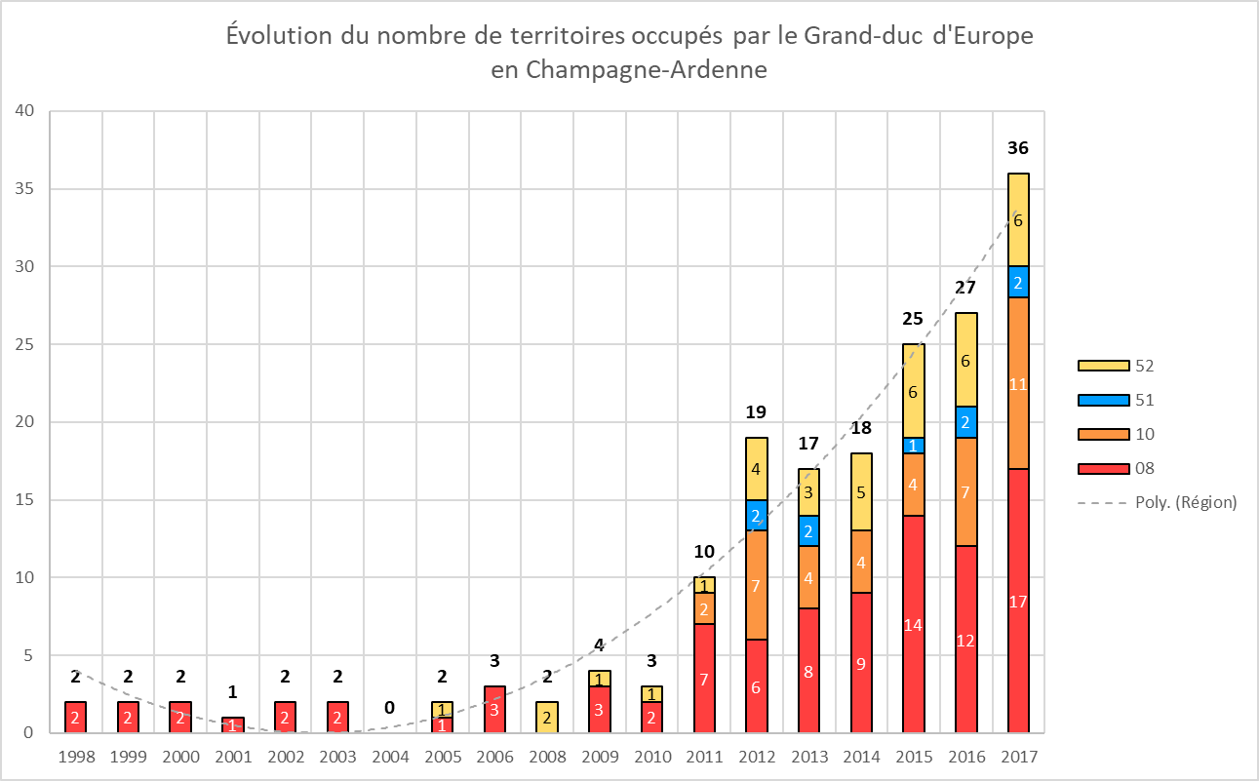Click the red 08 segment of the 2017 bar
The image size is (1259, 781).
(x=1018, y=601)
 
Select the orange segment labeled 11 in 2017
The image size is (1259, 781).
(x=1018, y=383)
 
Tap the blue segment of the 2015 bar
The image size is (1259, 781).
(x=913, y=445)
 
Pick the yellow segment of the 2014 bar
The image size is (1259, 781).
(x=861, y=491)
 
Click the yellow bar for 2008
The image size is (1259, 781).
(x=546, y=717)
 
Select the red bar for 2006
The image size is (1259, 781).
(x=493, y=709)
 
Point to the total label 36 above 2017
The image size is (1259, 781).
(x=1018, y=148)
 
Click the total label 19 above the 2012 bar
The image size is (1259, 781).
(x=756, y=412)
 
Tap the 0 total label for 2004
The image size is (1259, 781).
(x=389, y=707)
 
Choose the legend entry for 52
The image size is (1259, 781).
(x=1118, y=366)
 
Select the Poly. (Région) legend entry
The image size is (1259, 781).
(x=1157, y=502)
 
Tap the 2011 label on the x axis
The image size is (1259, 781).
(x=704, y=756)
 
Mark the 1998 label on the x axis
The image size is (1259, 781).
(x=76, y=756)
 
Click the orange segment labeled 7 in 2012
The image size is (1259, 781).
(x=756, y=585)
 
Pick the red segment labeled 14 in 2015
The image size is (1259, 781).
(x=913, y=624)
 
